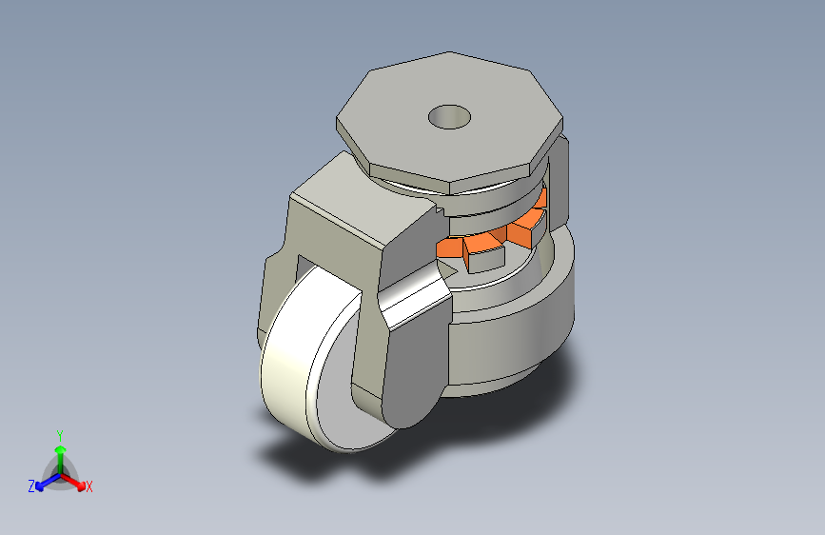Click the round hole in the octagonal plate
(x=449, y=117)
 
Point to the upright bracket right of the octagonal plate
(x=560, y=181)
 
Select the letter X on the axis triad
(x=89, y=487)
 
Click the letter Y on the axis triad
(x=59, y=433)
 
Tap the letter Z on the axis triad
(x=31, y=485)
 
